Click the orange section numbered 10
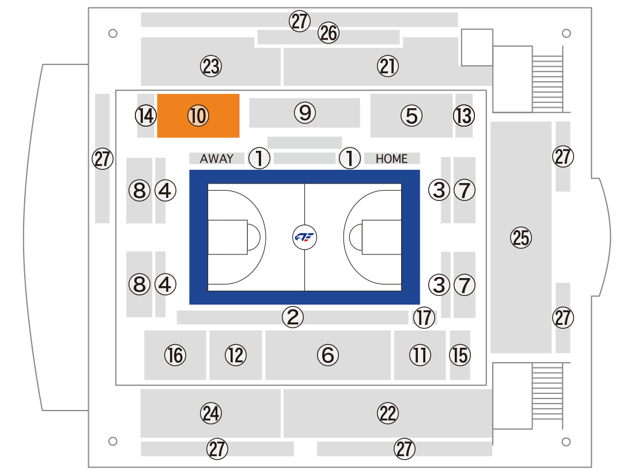click(x=198, y=116)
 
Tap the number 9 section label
click(x=305, y=113)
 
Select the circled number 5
click(x=411, y=116)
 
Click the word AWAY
click(x=216, y=158)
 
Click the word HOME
click(x=391, y=159)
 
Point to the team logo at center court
click(x=304, y=237)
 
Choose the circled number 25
click(x=521, y=237)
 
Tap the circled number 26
click(x=329, y=33)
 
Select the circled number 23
click(x=211, y=66)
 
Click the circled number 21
click(x=388, y=66)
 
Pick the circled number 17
click(x=424, y=317)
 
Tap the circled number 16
click(x=175, y=355)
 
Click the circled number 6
click(x=327, y=355)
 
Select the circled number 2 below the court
click(x=293, y=317)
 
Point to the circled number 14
click(x=146, y=116)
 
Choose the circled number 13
click(x=464, y=116)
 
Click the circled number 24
click(x=211, y=413)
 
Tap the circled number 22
click(x=388, y=413)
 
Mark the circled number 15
click(x=460, y=355)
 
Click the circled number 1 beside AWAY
click(x=259, y=158)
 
